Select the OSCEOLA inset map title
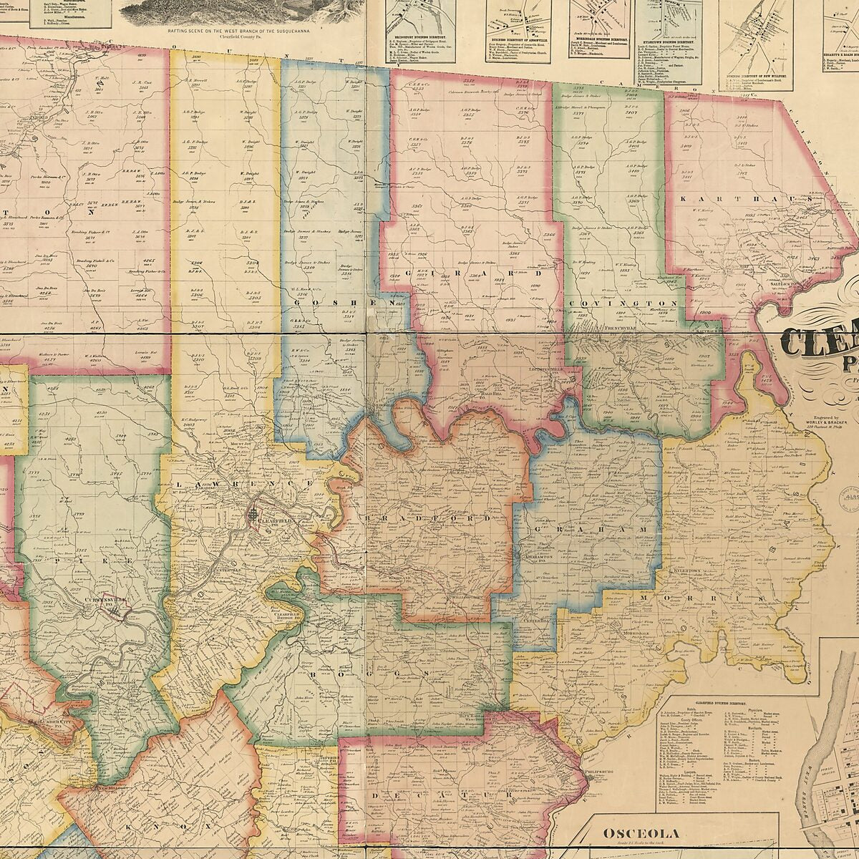pyautogui.click(x=639, y=833)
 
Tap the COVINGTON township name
pyautogui.click(x=622, y=304)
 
